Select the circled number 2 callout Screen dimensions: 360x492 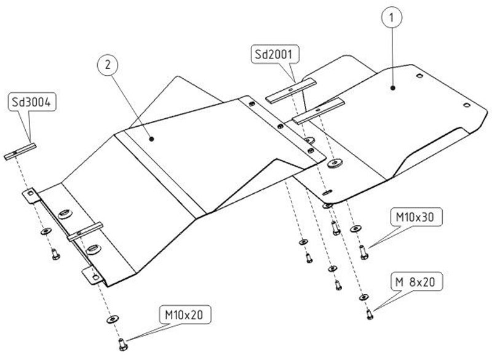109,64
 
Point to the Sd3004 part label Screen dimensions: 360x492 32,103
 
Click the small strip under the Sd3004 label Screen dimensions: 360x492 20,151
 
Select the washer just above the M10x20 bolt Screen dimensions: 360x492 112,320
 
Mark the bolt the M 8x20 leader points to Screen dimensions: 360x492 368,314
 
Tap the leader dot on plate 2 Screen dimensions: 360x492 151,139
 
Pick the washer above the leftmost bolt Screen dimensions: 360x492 46,233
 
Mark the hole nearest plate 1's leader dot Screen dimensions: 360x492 418,76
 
